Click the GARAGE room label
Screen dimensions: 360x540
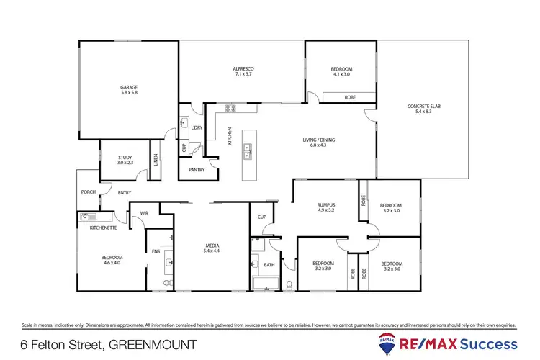pyautogui.click(x=128, y=87)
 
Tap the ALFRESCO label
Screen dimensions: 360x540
pyautogui.click(x=244, y=68)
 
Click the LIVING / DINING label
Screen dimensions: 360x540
pyautogui.click(x=318, y=140)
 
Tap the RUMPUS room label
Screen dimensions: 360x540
pyautogui.click(x=326, y=204)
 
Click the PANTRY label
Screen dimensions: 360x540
pyautogui.click(x=196, y=170)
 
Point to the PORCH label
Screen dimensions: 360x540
pyautogui.click(x=88, y=192)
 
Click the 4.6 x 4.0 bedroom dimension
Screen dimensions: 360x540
pyautogui.click(x=112, y=262)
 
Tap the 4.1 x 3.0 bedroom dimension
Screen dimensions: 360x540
pyautogui.click(x=341, y=74)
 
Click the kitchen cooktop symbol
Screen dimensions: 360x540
pyautogui.click(x=231, y=109)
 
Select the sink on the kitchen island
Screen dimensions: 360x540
pyautogui.click(x=248, y=152)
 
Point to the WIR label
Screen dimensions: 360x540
pyautogui.click(x=144, y=212)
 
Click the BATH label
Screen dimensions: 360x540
pyautogui.click(x=269, y=265)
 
